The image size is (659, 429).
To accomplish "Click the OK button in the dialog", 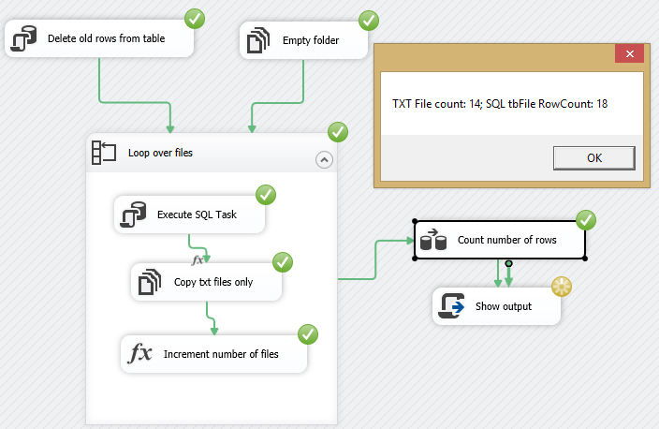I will (593, 157).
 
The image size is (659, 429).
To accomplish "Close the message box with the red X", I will (629, 54).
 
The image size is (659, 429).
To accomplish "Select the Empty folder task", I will (300, 39).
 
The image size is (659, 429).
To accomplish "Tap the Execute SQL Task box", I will (190, 214).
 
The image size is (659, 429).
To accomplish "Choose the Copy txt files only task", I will (207, 281).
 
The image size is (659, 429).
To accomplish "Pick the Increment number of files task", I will (214, 354).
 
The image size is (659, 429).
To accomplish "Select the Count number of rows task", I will (500, 240).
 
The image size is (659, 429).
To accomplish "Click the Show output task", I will (496, 306).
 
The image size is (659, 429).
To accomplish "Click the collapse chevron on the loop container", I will (324, 159).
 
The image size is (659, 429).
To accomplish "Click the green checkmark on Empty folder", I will (369, 20).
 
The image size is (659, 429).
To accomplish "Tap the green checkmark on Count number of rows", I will (586, 220).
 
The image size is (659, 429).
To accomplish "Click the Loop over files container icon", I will (103, 152).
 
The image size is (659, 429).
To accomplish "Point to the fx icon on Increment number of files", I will (139, 354).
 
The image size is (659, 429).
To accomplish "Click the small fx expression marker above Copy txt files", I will (198, 259).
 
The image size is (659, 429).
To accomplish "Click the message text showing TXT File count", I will (500, 103).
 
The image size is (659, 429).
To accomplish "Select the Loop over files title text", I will (160, 152).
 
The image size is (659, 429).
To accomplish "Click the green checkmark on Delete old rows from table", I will (196, 18).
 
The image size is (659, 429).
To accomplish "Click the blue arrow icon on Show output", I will (453, 306).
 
